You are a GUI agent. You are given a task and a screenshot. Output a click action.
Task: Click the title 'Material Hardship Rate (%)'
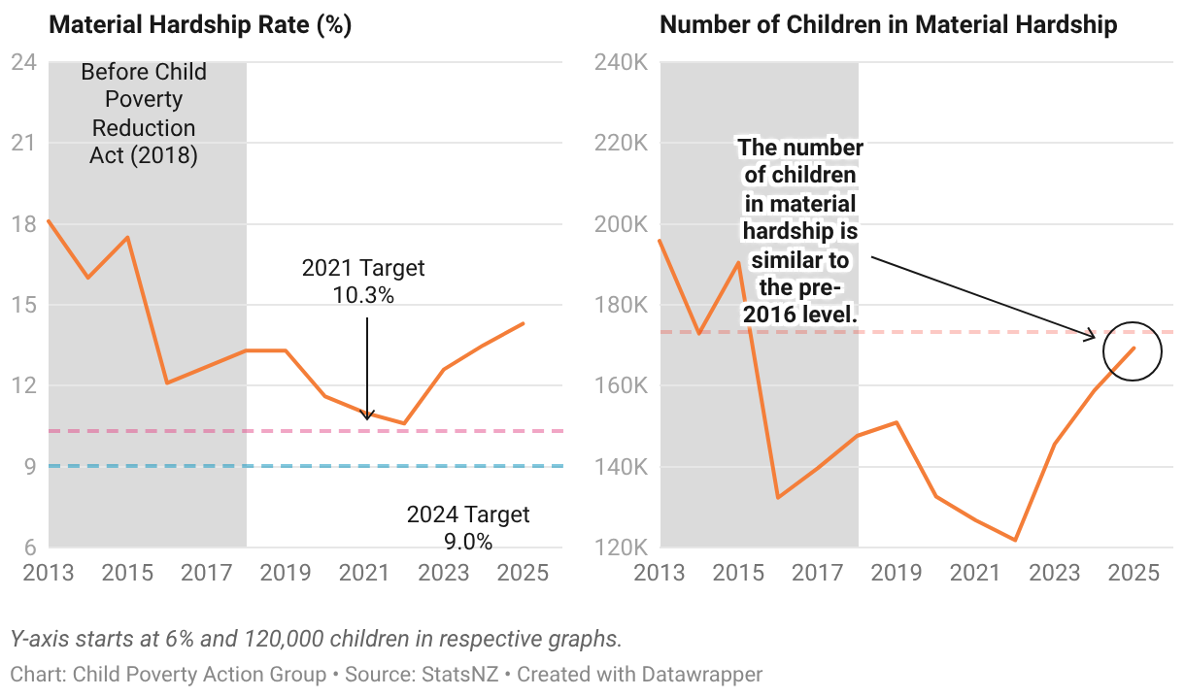(199, 25)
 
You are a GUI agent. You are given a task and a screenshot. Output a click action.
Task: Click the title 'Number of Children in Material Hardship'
(888, 25)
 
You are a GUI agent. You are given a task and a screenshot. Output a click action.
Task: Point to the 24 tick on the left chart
(23, 63)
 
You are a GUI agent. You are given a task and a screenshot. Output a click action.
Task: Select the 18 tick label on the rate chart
(23, 224)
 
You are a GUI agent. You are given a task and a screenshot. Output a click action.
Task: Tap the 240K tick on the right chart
(622, 63)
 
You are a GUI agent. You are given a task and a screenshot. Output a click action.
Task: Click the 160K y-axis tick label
(622, 385)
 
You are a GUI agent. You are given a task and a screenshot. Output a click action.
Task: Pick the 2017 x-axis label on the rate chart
(207, 573)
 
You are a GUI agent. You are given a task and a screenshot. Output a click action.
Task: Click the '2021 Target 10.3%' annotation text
(363, 282)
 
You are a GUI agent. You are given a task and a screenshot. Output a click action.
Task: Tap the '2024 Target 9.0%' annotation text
(468, 527)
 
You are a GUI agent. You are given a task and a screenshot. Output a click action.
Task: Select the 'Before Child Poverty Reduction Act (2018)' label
(144, 114)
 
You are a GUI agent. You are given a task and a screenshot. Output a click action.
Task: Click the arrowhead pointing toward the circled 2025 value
(1092, 337)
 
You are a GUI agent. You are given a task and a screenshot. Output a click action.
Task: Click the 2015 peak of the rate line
(127, 238)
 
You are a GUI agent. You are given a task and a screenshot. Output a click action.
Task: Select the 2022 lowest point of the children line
(1015, 540)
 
